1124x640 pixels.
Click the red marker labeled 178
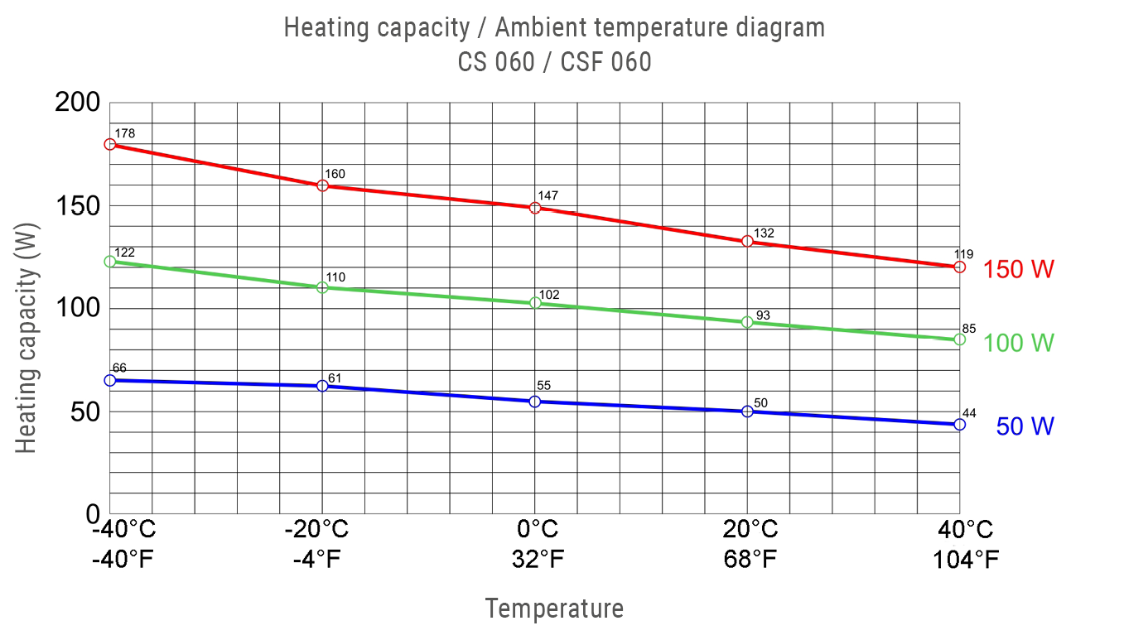coord(110,144)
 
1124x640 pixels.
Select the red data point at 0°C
coord(535,208)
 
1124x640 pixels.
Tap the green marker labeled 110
coord(322,287)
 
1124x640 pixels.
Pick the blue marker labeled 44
coord(959,424)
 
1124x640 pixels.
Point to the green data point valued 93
coord(747,321)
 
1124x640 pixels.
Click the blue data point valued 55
coord(535,402)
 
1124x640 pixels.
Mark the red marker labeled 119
coord(959,267)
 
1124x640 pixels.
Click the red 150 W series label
coord(1019,269)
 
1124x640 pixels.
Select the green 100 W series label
coord(1019,343)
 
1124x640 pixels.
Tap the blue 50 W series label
coord(1025,426)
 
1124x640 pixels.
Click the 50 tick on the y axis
coord(84,411)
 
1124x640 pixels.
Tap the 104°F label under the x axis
coord(965,560)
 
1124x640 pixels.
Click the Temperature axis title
coord(554,609)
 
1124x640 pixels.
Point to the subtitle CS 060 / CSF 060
coord(554,62)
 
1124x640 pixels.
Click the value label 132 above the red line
coord(764,233)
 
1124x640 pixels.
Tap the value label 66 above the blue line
coord(118,368)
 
